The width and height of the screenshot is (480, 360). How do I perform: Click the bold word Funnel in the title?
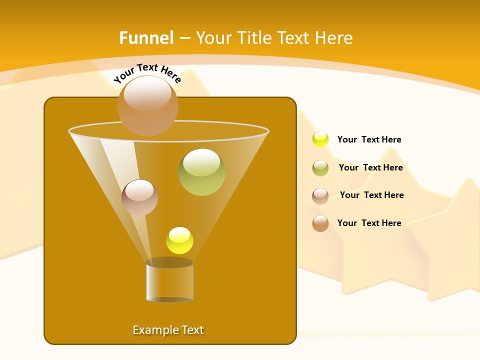146,38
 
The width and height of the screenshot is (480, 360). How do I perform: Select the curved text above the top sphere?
147,73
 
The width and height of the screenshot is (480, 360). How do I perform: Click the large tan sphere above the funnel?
148,106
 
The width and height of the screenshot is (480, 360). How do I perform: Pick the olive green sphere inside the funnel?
202,172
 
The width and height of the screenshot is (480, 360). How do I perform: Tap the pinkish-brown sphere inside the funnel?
139,197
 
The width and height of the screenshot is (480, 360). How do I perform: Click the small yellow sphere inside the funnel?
179,240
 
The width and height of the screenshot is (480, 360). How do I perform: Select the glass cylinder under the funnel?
169,283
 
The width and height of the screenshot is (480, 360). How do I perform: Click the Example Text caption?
168,330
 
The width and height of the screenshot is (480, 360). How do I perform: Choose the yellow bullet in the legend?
320,139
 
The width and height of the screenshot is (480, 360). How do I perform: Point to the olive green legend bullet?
320,168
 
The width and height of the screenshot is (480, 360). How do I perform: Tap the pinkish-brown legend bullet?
320,196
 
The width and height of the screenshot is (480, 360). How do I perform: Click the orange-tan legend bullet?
320,223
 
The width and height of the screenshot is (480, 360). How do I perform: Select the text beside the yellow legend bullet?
369,139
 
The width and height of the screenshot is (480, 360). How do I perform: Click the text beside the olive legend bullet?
370,167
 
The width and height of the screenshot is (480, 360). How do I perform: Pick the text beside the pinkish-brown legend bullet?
371,195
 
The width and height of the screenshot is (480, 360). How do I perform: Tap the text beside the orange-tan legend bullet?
369,223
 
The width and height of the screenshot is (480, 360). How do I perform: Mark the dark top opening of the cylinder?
169,262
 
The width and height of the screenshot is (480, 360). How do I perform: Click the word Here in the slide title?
334,38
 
